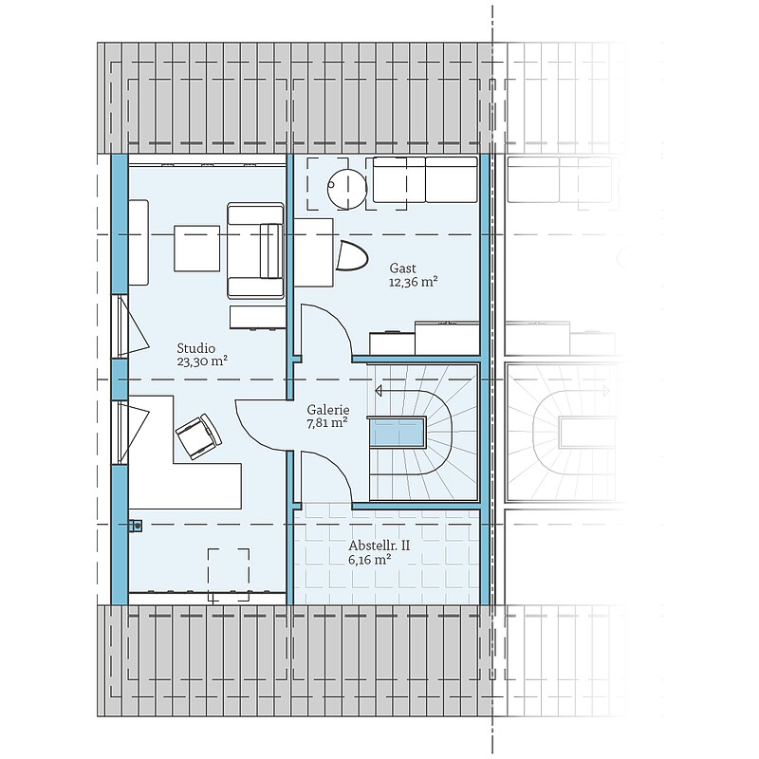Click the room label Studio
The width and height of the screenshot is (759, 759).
pyautogui.click(x=196, y=348)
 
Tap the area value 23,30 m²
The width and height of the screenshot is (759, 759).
pyautogui.click(x=202, y=361)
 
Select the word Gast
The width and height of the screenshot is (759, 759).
pyautogui.click(x=402, y=268)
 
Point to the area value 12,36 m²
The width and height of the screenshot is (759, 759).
pyautogui.click(x=414, y=282)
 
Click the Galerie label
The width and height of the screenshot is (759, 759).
pyautogui.click(x=328, y=410)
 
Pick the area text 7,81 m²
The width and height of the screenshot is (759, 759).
pyautogui.click(x=327, y=423)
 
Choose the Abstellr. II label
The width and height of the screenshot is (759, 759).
pyautogui.click(x=379, y=546)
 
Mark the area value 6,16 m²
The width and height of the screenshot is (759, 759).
pyautogui.click(x=370, y=560)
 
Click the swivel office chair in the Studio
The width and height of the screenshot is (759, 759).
pyautogui.click(x=199, y=436)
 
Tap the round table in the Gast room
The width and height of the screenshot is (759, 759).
pyautogui.click(x=347, y=188)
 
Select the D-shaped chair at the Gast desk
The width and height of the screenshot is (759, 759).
pyautogui.click(x=352, y=255)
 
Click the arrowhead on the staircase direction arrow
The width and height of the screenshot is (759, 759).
pyautogui.click(x=379, y=390)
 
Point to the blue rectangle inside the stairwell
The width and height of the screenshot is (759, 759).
pyautogui.click(x=398, y=434)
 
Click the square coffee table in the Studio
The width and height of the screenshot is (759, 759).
pyautogui.click(x=197, y=249)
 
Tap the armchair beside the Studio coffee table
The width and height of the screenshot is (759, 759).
pyautogui.click(x=255, y=250)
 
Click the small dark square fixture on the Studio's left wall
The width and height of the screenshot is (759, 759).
pyautogui.click(x=136, y=526)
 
